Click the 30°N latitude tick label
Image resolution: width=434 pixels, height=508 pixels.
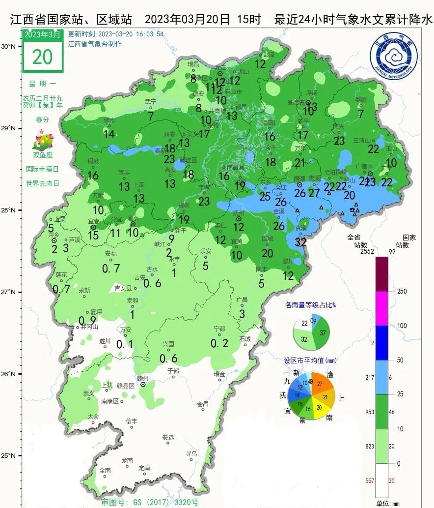click(9, 47)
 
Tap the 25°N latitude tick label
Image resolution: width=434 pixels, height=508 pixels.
click(9, 455)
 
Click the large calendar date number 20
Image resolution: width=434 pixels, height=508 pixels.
click(42, 57)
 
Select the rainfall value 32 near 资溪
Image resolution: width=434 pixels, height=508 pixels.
click(301, 242)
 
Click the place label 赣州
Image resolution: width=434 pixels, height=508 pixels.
click(142, 378)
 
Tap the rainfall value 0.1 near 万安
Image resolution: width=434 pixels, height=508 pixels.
click(125, 345)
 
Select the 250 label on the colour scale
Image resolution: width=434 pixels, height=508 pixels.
click(402, 292)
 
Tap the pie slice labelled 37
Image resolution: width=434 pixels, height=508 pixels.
click(323, 333)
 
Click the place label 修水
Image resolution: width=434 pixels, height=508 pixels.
click(109, 120)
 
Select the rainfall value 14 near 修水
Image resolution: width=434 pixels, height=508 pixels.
click(109, 134)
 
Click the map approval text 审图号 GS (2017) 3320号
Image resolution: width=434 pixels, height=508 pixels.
click(150, 502)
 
